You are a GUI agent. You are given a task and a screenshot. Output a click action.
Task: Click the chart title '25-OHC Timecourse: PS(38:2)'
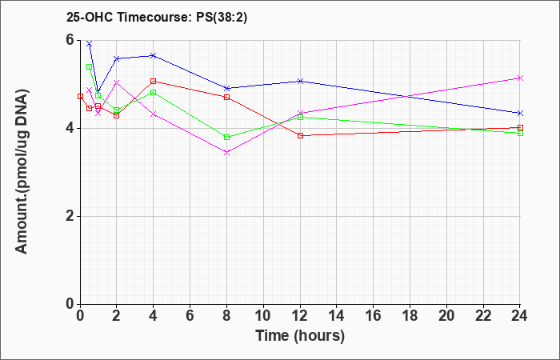tap(157, 18)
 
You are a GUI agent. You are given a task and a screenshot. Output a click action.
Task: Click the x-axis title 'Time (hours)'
tap(300, 336)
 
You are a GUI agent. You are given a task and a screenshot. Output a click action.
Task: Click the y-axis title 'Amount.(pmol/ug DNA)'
tap(22, 171)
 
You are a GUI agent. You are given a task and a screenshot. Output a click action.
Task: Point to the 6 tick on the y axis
tap(70, 40)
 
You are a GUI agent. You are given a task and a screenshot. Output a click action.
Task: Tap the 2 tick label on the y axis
tap(70, 216)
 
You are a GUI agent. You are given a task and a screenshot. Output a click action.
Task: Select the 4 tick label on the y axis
tap(70, 128)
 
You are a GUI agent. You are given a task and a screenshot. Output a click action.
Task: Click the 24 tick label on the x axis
tap(520, 316)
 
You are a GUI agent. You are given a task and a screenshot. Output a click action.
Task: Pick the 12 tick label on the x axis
tap(300, 316)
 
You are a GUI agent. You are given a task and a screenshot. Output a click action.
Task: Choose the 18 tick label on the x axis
tap(410, 316)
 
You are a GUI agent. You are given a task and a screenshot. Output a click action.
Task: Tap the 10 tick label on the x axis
tap(263, 316)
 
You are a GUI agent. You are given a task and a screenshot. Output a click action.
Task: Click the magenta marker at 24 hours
tap(520, 78)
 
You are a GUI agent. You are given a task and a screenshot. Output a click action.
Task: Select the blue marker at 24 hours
tap(520, 114)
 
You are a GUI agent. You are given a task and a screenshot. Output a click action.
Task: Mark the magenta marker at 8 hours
tap(226, 153)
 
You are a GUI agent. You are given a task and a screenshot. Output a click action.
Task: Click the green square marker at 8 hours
tap(226, 137)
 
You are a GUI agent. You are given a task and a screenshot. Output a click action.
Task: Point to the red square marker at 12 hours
tap(300, 135)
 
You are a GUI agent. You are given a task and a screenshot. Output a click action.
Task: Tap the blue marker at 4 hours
tap(154, 55)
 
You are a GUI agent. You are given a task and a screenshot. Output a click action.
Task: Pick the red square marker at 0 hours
tap(80, 97)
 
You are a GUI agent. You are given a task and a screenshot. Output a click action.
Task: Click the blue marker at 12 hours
tap(300, 81)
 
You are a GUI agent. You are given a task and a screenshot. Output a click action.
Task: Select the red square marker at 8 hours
tap(226, 97)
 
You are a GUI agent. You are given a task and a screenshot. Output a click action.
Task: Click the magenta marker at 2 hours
tap(117, 82)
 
